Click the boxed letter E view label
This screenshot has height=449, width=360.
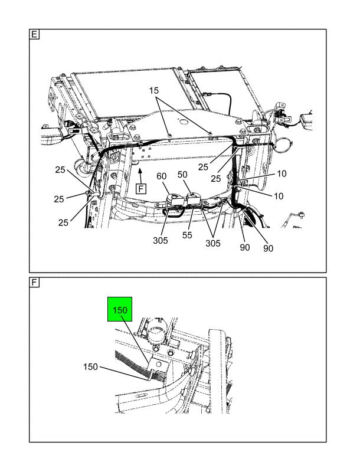click(x=34, y=34)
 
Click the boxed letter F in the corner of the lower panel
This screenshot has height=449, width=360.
click(x=34, y=283)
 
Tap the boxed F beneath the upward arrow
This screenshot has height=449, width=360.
click(x=141, y=189)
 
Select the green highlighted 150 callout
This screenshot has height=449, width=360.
click(x=120, y=309)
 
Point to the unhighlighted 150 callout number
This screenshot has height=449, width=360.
click(x=90, y=367)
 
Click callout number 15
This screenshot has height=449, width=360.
click(x=154, y=90)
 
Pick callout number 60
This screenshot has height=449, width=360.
click(x=162, y=176)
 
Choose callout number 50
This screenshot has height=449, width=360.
click(x=182, y=175)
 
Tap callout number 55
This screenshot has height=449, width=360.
click(x=187, y=235)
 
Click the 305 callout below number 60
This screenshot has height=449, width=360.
click(x=161, y=241)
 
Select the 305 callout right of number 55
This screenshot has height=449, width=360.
click(x=213, y=244)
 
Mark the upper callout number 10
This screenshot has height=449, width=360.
click(x=282, y=173)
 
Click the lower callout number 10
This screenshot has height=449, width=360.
click(x=279, y=196)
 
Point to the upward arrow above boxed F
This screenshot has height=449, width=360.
click(x=140, y=176)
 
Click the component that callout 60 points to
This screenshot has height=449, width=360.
click(x=174, y=199)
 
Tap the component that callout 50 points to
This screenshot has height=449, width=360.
click(x=194, y=198)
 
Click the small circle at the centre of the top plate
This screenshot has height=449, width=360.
click(x=182, y=122)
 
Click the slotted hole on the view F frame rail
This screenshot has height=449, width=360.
click(x=142, y=396)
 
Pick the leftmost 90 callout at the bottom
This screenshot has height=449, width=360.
click(x=245, y=247)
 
